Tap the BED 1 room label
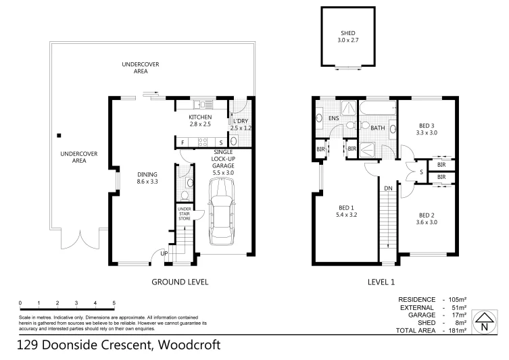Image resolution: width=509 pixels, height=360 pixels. (346, 210)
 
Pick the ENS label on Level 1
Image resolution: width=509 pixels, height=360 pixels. (333, 119)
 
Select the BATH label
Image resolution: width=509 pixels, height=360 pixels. (377, 127)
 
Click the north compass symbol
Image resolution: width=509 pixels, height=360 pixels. (483, 322)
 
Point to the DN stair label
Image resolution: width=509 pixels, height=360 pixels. (388, 188)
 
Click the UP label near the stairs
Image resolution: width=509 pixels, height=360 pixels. (164, 254)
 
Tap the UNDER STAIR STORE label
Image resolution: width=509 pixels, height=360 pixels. (185, 214)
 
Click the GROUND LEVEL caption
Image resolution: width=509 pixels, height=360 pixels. (179, 282)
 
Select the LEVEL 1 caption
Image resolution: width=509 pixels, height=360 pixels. (381, 282)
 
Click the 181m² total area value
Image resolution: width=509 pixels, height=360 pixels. (457, 331)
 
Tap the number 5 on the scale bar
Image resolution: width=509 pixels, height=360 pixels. (114, 303)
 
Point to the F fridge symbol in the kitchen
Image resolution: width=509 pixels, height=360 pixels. (183, 143)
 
